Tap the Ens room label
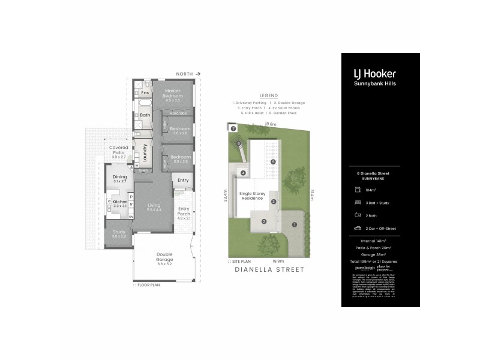(145, 93)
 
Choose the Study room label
(118, 232)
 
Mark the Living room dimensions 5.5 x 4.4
(154, 210)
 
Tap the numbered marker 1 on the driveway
(294, 224)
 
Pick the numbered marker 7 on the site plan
(233, 129)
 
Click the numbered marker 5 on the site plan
(272, 162)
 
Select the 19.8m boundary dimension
(270, 124)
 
